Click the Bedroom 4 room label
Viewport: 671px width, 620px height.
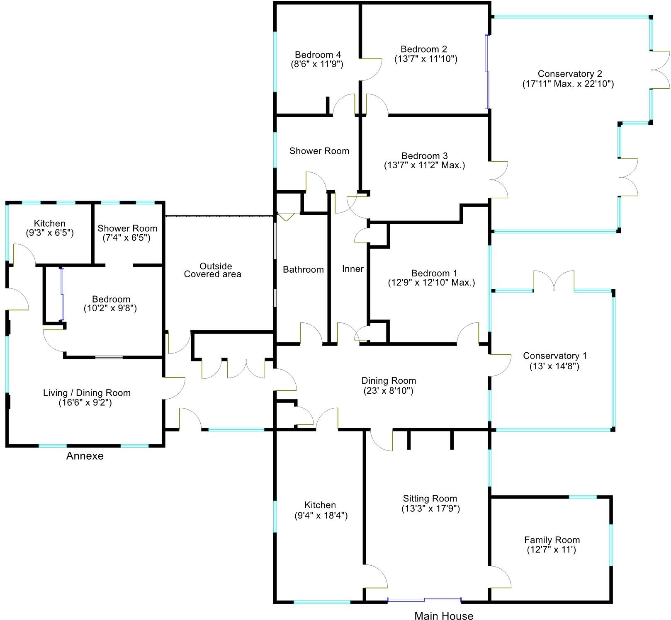pos(318,55)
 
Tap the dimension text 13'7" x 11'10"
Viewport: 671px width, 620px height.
pos(425,59)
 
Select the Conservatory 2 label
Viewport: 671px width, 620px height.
pos(570,74)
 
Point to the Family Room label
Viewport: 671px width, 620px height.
pos(552,540)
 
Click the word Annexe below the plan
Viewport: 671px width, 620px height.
pos(85,456)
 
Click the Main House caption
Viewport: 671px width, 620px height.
pos(444,616)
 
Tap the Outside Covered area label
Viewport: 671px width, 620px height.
pos(213,270)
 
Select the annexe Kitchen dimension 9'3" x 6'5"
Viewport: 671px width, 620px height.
pos(49,232)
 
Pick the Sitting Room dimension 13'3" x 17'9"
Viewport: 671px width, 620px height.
pos(430,509)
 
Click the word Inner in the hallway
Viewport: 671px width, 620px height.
pos(353,269)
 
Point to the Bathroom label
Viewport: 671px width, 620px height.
pos(303,270)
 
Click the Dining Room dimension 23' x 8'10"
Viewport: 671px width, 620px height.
pos(388,390)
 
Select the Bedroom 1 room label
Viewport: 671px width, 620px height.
pos(434,273)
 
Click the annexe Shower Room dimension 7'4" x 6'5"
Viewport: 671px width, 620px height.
pos(127,237)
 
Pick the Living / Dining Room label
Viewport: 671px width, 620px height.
pos(87,393)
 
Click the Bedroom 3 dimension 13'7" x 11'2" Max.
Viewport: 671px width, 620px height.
pos(424,165)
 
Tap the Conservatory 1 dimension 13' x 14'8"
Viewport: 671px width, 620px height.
pos(554,366)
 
